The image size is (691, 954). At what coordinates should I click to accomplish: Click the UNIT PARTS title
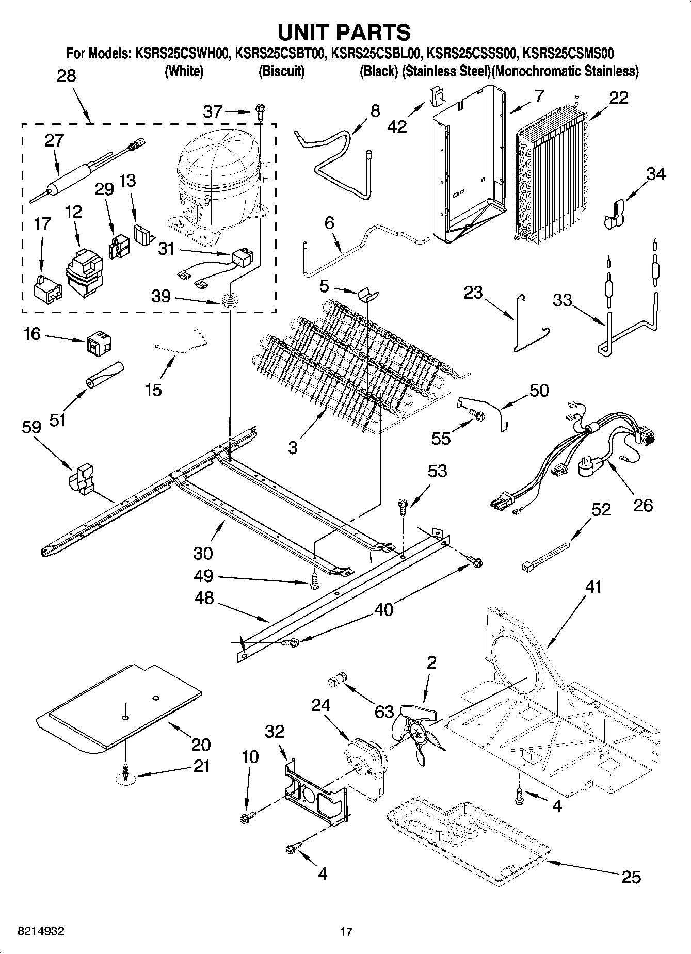point(344,32)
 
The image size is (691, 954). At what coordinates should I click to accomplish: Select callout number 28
point(66,76)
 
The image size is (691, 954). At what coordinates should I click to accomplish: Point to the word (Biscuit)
point(281,71)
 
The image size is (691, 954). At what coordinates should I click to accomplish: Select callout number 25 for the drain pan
point(631,877)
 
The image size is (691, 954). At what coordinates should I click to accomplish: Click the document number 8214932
point(41,931)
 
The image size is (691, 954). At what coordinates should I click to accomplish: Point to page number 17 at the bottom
point(346,932)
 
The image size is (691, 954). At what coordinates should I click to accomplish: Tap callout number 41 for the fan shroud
point(593,587)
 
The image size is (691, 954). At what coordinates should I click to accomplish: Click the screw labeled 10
point(247,817)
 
